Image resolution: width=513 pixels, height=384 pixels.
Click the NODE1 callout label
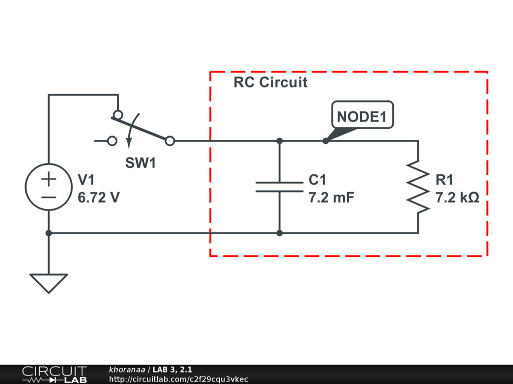tap(362, 116)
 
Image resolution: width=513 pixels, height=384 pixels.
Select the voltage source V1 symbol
tap(49, 187)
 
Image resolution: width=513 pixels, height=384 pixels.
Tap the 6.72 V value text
tap(99, 197)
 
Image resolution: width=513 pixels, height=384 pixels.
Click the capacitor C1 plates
tap(280, 187)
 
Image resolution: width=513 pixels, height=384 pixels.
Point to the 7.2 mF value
tap(331, 197)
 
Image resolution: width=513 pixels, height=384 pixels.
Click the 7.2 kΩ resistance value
tap(457, 197)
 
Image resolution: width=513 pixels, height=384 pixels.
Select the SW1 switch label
tap(140, 163)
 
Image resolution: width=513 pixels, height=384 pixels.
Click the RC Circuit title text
tap(271, 82)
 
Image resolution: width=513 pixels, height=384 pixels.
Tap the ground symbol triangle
tap(49, 281)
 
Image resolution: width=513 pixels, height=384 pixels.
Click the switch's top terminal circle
tap(117, 115)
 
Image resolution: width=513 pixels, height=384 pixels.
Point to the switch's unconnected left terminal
tap(113, 141)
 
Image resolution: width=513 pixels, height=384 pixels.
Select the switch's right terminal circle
tap(170, 141)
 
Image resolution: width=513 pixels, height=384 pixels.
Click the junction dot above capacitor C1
tap(280, 141)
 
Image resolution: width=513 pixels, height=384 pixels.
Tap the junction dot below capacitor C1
tap(280, 233)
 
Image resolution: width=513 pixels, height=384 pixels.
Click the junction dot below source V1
tap(49, 233)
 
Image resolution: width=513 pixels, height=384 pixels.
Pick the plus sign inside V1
tap(49, 178)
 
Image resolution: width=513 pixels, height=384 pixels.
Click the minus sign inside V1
tap(49, 196)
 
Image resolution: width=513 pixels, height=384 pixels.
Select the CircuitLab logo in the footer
tap(54, 374)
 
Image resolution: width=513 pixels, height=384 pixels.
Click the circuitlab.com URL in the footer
tap(178, 379)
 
